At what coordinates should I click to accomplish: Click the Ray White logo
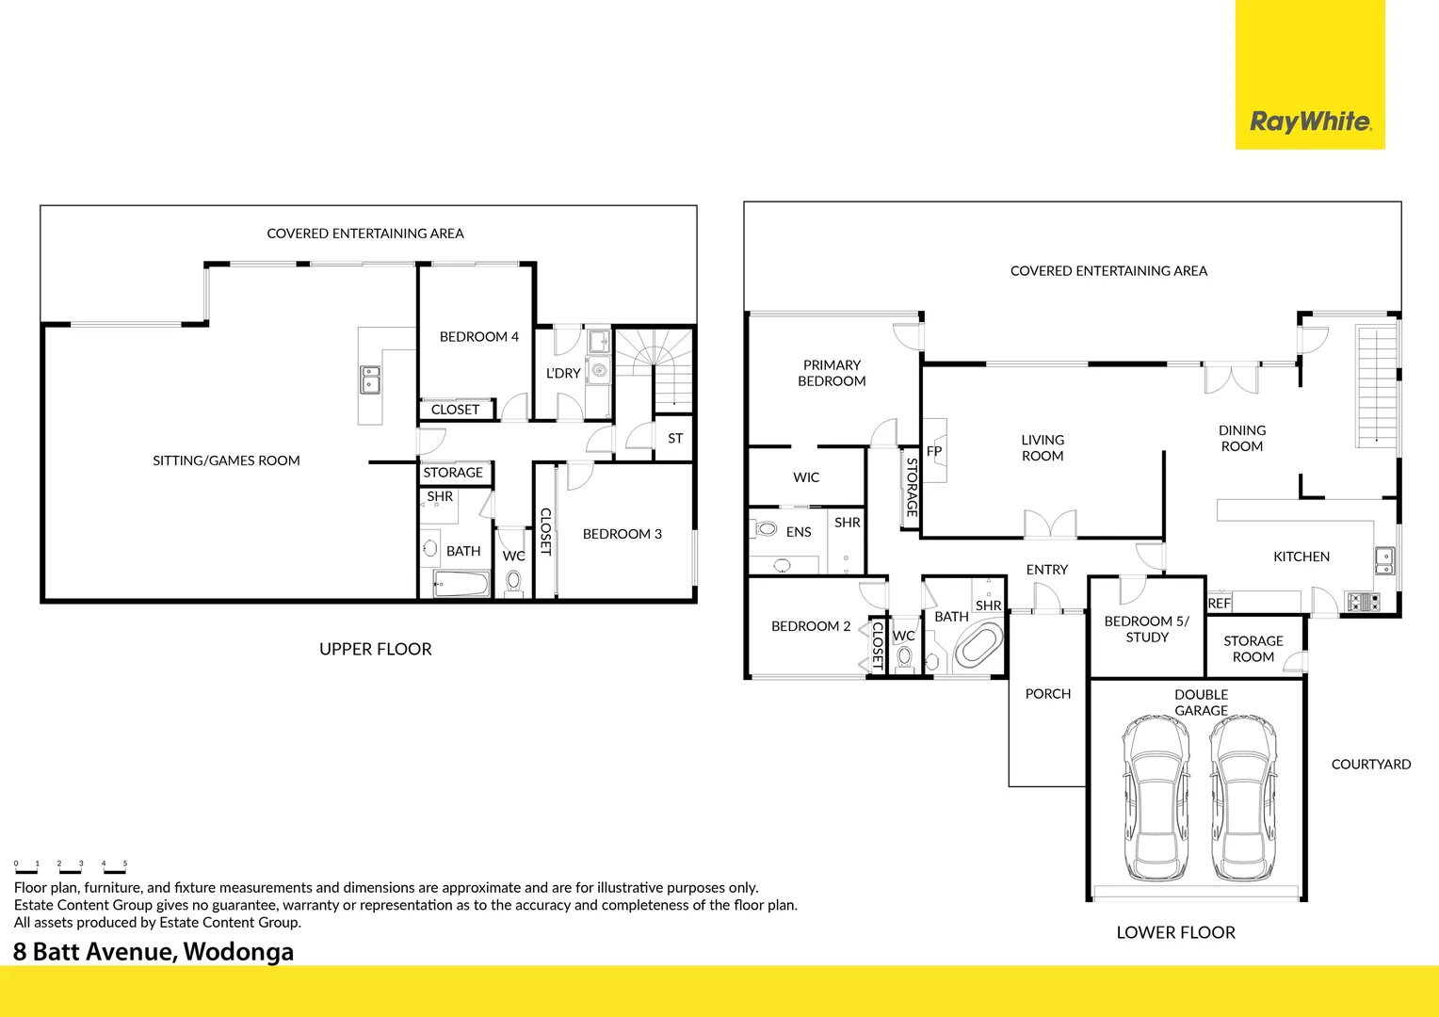pyautogui.click(x=1310, y=121)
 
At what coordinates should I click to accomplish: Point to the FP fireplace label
pyautogui.click(x=934, y=451)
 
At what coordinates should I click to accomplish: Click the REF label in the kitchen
pyautogui.click(x=1219, y=603)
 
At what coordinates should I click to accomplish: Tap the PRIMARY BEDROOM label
pyautogui.click(x=832, y=373)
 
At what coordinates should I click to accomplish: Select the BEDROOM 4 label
pyautogui.click(x=478, y=336)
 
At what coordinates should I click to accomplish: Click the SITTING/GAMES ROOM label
pyautogui.click(x=226, y=460)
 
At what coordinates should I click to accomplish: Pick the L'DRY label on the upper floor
pyautogui.click(x=563, y=373)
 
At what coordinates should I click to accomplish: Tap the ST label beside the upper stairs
pyautogui.click(x=675, y=438)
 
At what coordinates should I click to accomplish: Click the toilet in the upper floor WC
pyautogui.click(x=513, y=581)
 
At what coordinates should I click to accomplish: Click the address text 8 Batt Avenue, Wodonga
pyautogui.click(x=154, y=951)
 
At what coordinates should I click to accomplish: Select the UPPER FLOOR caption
pyautogui.click(x=375, y=649)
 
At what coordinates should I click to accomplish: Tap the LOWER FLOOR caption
pyautogui.click(x=1175, y=932)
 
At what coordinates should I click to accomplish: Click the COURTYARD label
pyautogui.click(x=1370, y=764)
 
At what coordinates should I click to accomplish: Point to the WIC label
pyautogui.click(x=806, y=477)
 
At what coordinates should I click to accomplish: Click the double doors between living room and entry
pyautogui.click(x=1050, y=525)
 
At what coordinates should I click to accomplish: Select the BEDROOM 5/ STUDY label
pyautogui.click(x=1146, y=629)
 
